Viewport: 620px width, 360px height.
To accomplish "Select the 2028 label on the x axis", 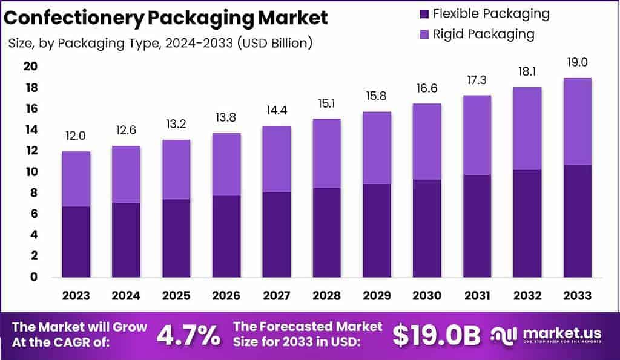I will [326, 296].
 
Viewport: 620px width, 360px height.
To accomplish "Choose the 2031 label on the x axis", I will [476, 296].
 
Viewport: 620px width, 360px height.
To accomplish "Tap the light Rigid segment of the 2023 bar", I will [76, 178].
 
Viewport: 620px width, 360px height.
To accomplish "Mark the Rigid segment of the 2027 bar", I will [276, 159].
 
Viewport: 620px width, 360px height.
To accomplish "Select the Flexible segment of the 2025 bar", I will [176, 238].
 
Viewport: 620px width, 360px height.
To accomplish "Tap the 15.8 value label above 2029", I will [376, 97].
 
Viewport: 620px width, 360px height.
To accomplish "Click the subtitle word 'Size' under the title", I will [22, 44].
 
